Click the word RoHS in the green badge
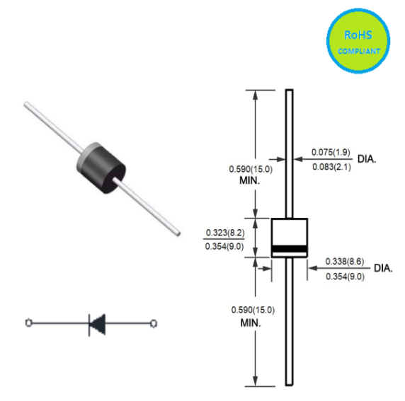click(x=358, y=35)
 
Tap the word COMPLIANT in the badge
click(x=359, y=51)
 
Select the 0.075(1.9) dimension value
click(x=331, y=152)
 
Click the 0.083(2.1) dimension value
click(x=331, y=167)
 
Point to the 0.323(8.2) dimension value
click(x=225, y=233)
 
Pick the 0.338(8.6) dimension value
click(x=345, y=262)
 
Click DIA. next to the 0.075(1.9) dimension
click(x=367, y=159)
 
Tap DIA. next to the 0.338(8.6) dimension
click(x=383, y=268)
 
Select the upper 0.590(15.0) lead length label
click(x=251, y=169)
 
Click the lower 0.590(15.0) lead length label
click(x=253, y=310)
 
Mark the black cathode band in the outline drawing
click(x=290, y=249)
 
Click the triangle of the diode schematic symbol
click(x=98, y=324)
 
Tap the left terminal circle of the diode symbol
click(x=28, y=322)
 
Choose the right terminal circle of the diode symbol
click(x=154, y=323)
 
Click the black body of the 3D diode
click(x=105, y=170)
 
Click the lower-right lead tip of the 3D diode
click(x=178, y=233)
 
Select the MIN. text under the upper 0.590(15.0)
click(x=250, y=180)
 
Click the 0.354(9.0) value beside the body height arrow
click(x=224, y=247)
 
